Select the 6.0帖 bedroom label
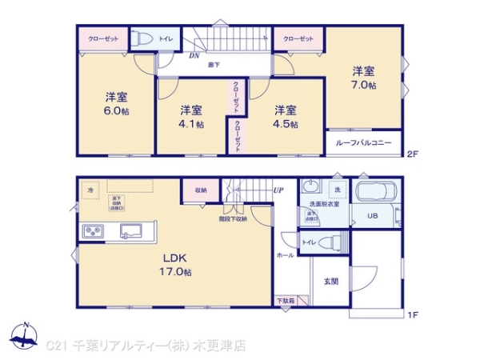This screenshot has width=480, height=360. click(x=115, y=104)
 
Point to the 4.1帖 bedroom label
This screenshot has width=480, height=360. click(x=190, y=117)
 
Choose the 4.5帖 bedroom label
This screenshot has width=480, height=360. click(x=285, y=117)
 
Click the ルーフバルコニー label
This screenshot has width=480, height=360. click(x=363, y=142)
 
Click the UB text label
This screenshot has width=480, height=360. click(x=373, y=215)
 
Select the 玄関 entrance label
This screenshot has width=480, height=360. click(x=330, y=281)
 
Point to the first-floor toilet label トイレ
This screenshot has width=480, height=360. click(x=308, y=241)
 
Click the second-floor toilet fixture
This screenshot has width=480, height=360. click(x=143, y=38)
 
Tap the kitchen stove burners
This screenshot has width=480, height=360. click(x=92, y=231)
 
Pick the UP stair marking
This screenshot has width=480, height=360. click(x=278, y=190)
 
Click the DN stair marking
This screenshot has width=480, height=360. click(x=194, y=56)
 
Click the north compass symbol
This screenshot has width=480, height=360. click(x=25, y=336)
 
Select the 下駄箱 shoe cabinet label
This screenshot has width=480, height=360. click(x=286, y=301)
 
